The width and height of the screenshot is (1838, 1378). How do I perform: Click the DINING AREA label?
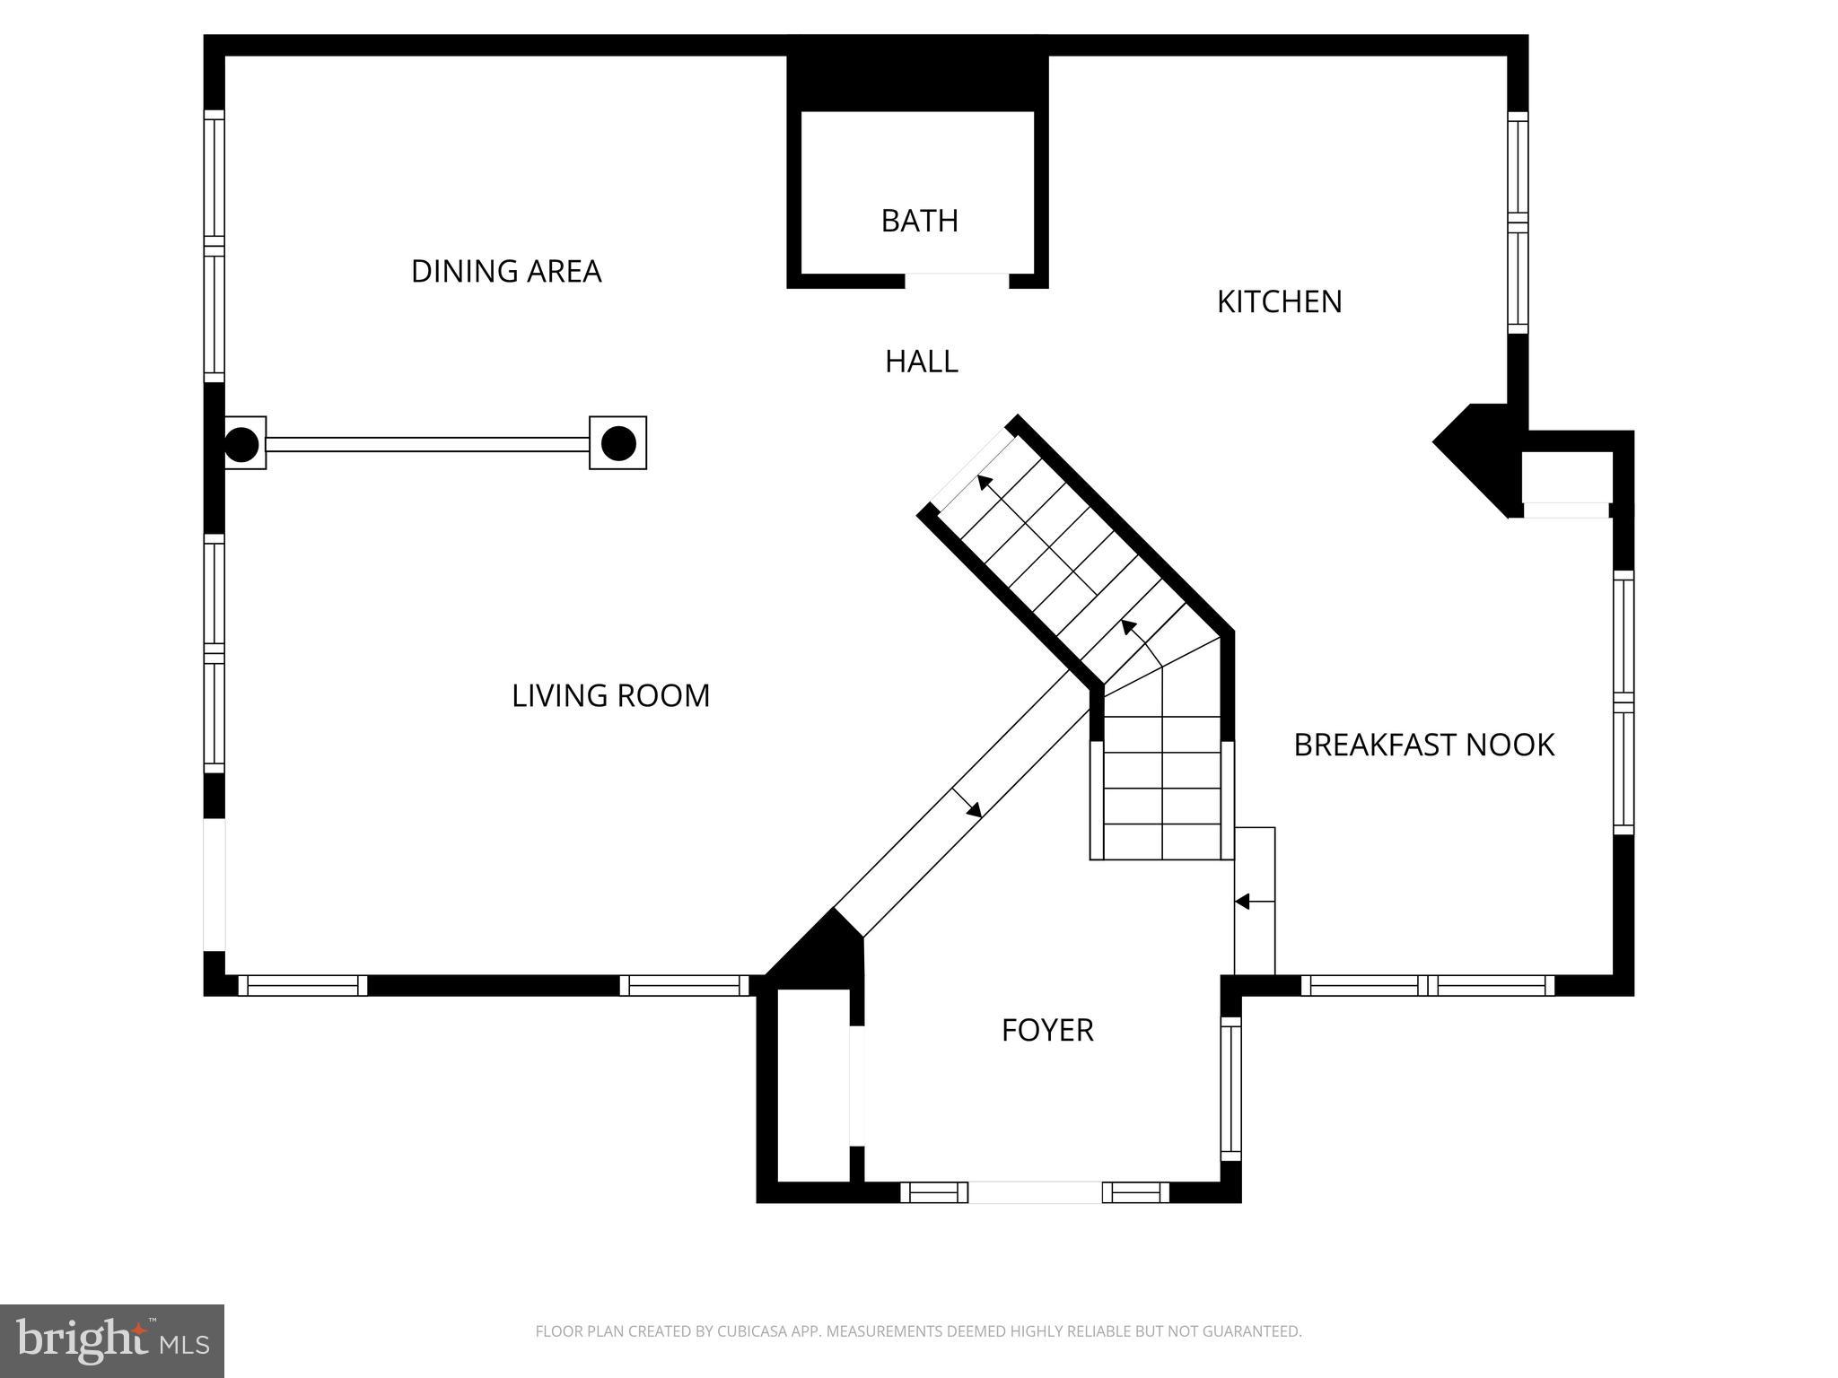coord(505,271)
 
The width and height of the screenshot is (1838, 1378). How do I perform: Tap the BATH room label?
coord(919,221)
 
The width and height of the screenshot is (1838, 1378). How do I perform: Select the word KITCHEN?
coord(1279,301)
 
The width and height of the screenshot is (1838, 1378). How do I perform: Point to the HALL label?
coord(921,362)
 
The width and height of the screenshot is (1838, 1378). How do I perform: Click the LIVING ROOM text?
coord(610,696)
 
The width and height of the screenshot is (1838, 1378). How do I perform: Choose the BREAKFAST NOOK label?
coord(1423,745)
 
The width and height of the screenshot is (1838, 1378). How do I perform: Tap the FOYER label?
coord(1047,1030)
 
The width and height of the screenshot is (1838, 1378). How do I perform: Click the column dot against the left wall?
coord(241,444)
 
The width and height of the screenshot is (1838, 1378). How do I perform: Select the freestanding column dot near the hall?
coord(618,443)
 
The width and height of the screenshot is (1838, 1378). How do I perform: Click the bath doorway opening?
coord(957,280)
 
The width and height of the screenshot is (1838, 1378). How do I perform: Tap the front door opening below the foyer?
coord(1035,1192)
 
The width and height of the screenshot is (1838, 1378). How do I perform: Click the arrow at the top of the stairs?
coord(985,482)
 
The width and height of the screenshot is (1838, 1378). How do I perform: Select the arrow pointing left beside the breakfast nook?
coord(1243,901)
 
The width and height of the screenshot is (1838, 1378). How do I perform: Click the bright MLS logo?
coord(111,1340)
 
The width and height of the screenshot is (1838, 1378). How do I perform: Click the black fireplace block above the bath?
coord(917,82)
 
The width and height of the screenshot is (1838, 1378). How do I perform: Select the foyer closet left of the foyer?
coord(813,1085)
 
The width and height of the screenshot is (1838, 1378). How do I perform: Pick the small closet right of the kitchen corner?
coord(1567,480)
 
